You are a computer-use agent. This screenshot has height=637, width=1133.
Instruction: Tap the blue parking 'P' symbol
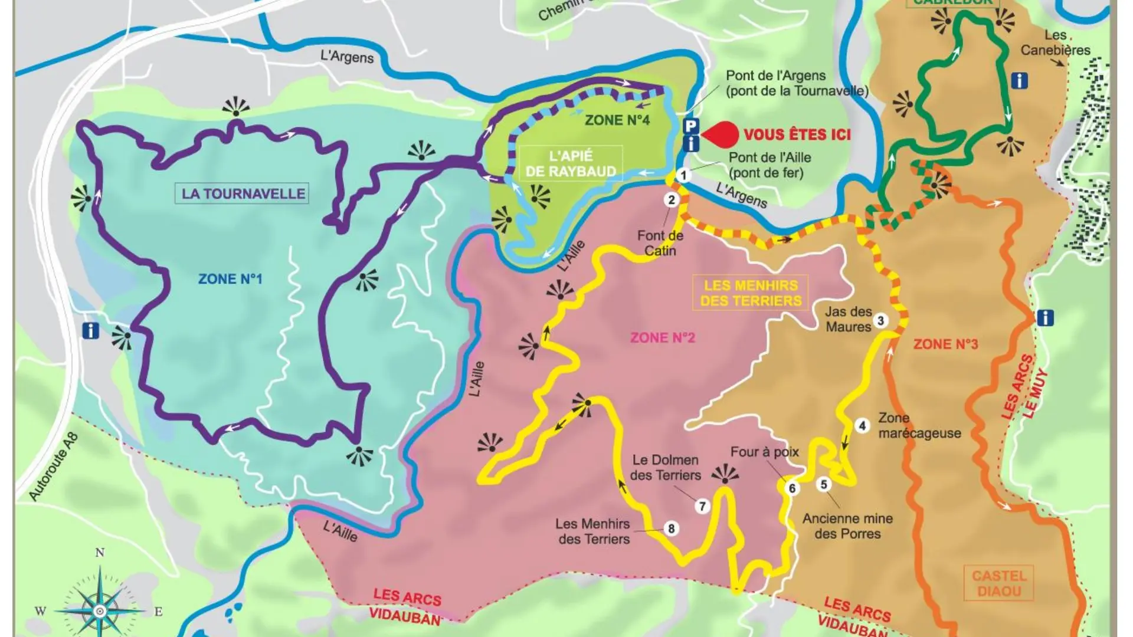691,126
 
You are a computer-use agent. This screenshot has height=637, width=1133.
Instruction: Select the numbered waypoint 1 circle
684,175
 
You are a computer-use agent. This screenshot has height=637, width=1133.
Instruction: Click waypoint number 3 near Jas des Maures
880,321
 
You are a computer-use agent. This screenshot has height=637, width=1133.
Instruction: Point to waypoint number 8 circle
671,528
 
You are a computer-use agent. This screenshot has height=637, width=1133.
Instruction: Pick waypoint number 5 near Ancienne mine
824,484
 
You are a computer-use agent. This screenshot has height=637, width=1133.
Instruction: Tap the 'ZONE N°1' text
230,278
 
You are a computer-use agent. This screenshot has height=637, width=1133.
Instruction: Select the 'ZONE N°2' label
662,337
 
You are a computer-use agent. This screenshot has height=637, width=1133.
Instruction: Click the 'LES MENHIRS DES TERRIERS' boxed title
751,293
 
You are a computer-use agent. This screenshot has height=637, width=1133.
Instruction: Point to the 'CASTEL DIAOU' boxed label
999,583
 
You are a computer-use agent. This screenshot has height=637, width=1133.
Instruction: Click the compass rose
100,610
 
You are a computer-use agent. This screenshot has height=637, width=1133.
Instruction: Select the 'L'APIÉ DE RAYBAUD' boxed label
571,163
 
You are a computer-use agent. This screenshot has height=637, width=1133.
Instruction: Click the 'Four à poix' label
764,452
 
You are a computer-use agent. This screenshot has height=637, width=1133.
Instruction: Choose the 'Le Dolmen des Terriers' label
665,467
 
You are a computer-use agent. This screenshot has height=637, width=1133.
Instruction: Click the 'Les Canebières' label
1055,42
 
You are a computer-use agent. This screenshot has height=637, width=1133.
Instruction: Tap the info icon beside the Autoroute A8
90,330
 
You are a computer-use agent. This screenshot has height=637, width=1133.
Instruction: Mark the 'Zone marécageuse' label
919,425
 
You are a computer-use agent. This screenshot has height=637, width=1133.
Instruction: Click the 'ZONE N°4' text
617,120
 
